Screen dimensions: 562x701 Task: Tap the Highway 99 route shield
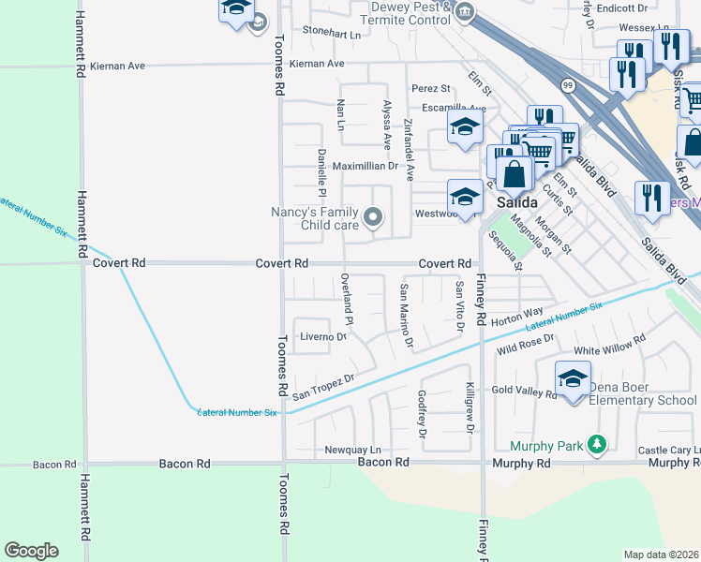point(568,85)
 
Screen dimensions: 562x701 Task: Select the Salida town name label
point(516,202)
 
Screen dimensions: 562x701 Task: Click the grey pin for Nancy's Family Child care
point(373,218)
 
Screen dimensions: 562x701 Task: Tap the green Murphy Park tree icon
point(596,445)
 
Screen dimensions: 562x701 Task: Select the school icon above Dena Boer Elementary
point(572,377)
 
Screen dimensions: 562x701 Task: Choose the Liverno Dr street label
point(323,336)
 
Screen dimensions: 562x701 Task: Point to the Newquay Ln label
point(352,451)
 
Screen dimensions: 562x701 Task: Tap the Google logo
point(31,551)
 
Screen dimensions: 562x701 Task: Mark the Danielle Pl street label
point(321,174)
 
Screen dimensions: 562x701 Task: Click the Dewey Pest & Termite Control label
point(410,13)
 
